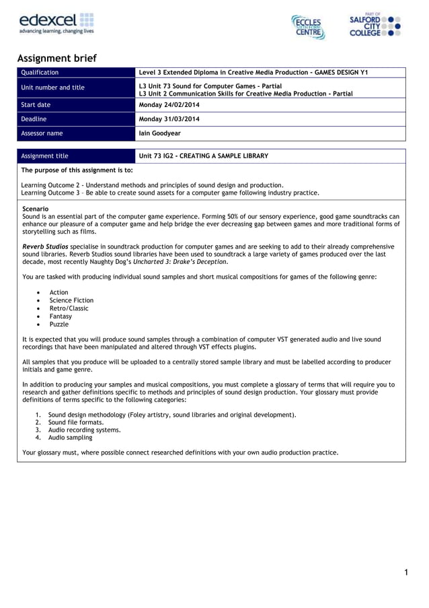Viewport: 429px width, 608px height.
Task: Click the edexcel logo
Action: (x=56, y=23)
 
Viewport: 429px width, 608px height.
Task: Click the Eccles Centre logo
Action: (x=308, y=26)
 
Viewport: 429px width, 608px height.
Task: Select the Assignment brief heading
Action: (x=57, y=59)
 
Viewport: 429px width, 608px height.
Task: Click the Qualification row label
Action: (x=40, y=73)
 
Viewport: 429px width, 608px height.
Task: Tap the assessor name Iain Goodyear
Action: (x=160, y=133)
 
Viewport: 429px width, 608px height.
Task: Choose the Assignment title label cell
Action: (x=45, y=156)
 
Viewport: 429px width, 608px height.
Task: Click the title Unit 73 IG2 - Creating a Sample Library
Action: (x=203, y=156)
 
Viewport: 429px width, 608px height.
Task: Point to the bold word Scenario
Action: (x=36, y=209)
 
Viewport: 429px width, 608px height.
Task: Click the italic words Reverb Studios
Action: (x=45, y=247)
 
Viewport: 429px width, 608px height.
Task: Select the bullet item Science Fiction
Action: (x=71, y=300)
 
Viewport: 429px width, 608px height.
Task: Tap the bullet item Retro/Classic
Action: (x=69, y=308)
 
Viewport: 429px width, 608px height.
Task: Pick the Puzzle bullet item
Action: (x=60, y=324)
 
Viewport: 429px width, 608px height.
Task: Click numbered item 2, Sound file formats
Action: (x=76, y=422)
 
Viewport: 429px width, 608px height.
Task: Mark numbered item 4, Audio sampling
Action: (x=71, y=438)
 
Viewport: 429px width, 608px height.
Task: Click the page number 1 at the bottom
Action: (x=406, y=573)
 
